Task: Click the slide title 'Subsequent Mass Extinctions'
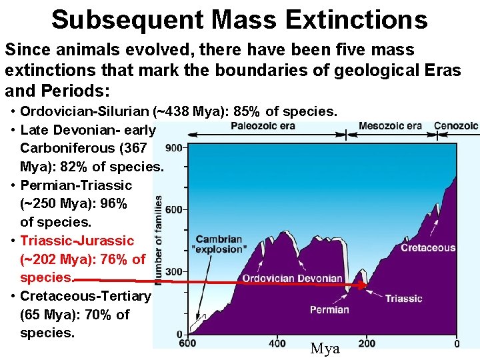(239, 20)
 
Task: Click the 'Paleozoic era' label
(263, 126)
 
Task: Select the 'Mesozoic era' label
(390, 126)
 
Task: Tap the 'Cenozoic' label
(456, 126)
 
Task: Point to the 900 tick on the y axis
(174, 148)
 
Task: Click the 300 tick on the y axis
(174, 272)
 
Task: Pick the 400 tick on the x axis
(277, 344)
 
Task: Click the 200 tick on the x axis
(367, 344)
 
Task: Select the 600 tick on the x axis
(187, 344)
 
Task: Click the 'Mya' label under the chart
(325, 349)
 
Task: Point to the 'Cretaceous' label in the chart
(428, 248)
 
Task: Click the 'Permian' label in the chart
(329, 309)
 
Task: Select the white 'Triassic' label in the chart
(403, 299)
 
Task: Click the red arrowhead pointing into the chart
(363, 285)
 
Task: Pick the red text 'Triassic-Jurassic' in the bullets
(77, 241)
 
